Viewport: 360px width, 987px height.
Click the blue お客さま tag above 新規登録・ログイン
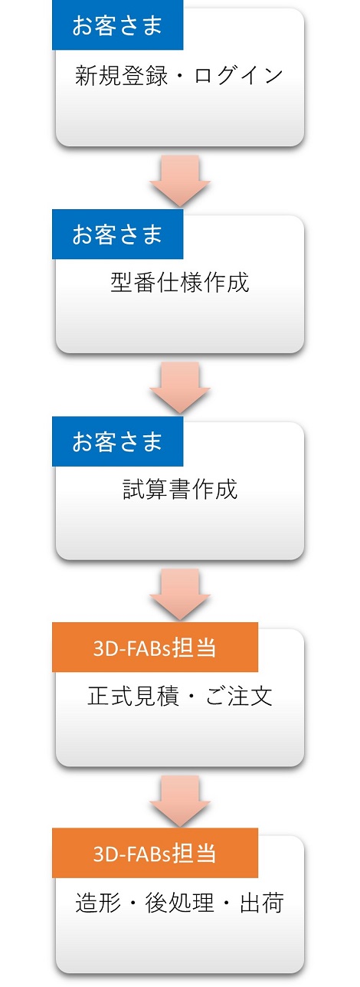click(x=117, y=25)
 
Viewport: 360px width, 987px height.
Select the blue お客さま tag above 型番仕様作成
click(x=117, y=234)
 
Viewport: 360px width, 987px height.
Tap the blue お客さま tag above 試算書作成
click(x=117, y=441)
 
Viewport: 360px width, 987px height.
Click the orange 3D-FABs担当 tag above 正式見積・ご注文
click(x=155, y=648)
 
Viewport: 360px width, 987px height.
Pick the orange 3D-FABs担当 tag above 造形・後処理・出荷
click(x=155, y=853)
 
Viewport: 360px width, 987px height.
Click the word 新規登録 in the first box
click(x=121, y=75)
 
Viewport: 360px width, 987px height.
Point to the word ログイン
click(x=238, y=75)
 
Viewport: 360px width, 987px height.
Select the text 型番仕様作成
click(x=180, y=283)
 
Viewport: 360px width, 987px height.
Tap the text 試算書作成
click(x=180, y=489)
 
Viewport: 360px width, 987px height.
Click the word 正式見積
click(x=133, y=696)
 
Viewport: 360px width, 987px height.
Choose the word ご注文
click(x=238, y=696)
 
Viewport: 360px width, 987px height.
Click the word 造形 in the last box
click(x=98, y=903)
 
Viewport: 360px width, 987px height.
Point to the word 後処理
click(x=179, y=903)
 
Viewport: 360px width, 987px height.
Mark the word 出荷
click(x=261, y=903)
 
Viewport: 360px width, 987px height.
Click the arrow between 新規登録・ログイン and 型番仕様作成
click(x=180, y=181)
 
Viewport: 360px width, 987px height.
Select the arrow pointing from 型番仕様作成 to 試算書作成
click(x=180, y=388)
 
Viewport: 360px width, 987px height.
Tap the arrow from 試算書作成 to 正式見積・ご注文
click(x=180, y=595)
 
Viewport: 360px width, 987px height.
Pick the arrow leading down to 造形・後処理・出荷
click(x=180, y=801)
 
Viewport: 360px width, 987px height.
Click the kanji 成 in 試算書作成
click(x=227, y=489)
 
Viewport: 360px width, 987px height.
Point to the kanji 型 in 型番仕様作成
click(x=122, y=283)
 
